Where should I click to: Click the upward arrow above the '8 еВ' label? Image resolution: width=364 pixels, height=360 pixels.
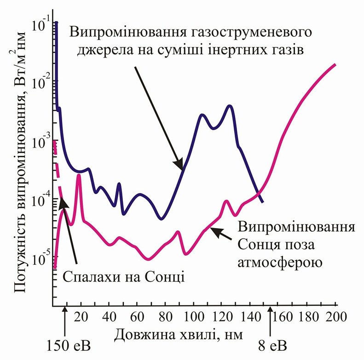pyautogui.click(x=271, y=322)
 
